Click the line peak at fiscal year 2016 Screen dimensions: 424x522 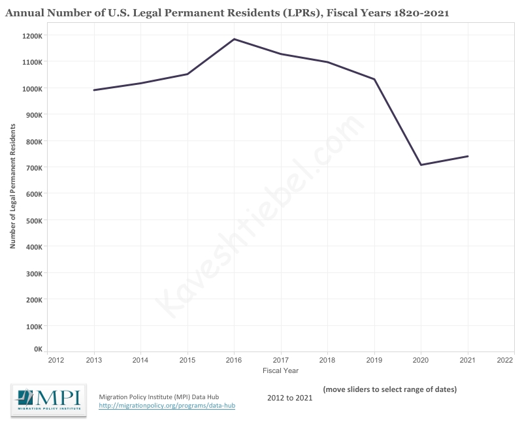coord(234,39)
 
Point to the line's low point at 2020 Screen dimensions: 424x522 coord(421,165)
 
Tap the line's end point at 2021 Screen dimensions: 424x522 coord(468,156)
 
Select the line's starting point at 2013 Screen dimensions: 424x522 coord(94,90)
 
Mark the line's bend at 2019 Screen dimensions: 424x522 coord(374,79)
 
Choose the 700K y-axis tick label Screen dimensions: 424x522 coord(33,168)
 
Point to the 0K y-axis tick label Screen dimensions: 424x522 coord(37,349)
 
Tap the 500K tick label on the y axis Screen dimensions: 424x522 coord(33,221)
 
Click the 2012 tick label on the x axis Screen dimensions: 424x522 coord(56,360)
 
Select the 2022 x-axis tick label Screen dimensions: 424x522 coord(504,360)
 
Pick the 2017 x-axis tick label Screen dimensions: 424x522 coord(281,360)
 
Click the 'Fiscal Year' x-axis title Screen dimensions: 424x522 coord(280,370)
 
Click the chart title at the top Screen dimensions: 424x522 coord(227,12)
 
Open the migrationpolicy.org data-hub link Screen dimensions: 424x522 coord(167,406)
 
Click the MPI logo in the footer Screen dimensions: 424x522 coord(49,400)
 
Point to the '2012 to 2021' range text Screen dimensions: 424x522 coord(290,397)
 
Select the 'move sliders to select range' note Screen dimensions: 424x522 coord(389,389)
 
